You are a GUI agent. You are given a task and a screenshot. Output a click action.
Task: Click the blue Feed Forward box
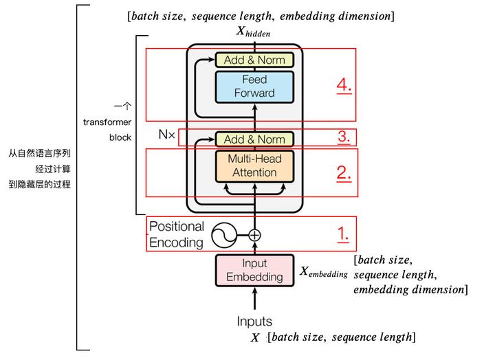coord(254,87)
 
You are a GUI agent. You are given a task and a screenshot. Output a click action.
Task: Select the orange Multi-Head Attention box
coord(254,166)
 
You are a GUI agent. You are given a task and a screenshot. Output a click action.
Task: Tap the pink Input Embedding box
coord(254,270)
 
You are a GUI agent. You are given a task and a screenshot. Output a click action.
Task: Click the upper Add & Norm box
coord(254,60)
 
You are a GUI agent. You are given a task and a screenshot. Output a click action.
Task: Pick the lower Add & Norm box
coord(254,139)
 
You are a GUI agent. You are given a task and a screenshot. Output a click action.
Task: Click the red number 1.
coord(342,234)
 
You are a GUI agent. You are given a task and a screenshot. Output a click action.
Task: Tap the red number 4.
coord(344,86)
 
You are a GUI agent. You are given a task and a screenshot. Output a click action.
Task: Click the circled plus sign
coord(254,235)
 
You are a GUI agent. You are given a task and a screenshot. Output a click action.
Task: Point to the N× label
coord(167,134)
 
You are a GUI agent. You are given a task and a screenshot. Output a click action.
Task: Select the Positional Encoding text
coord(177,234)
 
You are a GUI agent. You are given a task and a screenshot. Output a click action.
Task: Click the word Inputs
coord(254,321)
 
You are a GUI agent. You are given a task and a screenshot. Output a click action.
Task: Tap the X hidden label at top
coord(254,32)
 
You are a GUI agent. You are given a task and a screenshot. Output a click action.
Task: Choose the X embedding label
coord(323,271)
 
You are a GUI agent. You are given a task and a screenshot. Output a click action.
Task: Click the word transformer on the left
coord(108,122)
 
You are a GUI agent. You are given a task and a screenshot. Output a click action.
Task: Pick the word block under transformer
coord(120,137)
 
